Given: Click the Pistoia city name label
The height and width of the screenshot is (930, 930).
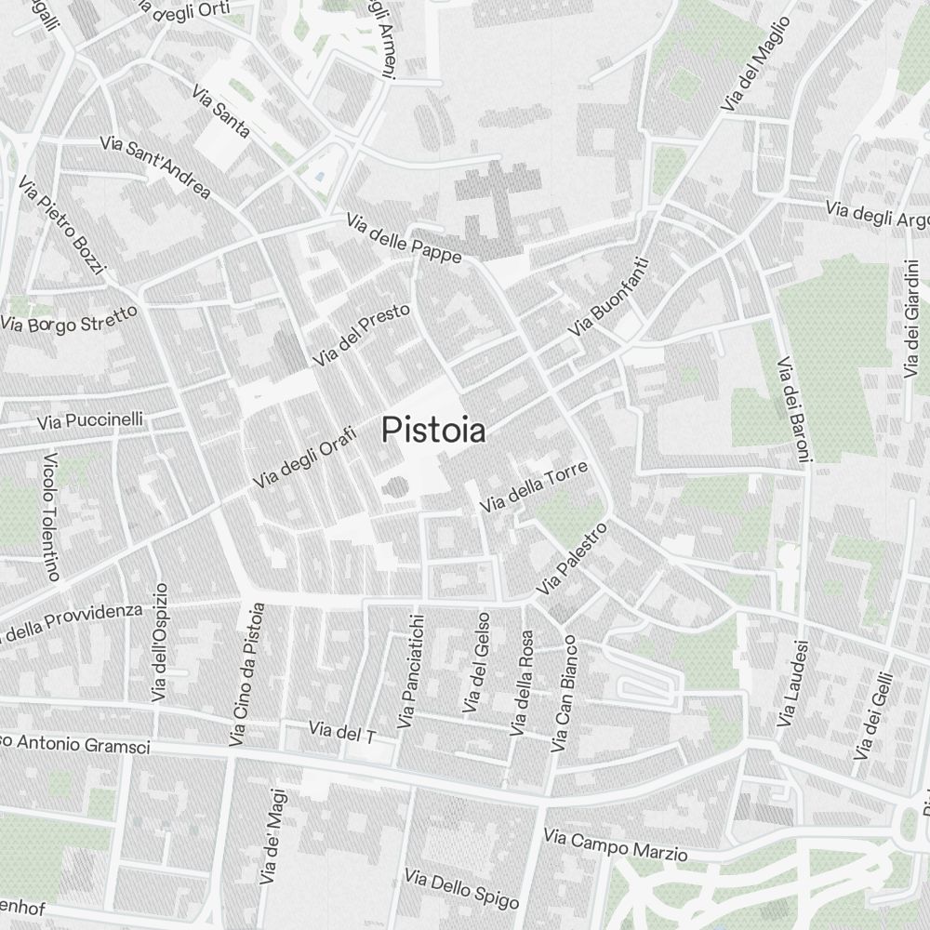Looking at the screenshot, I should (x=433, y=430).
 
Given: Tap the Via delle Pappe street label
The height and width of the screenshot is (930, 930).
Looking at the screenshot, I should (x=404, y=239).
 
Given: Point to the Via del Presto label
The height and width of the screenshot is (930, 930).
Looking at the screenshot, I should (x=362, y=334).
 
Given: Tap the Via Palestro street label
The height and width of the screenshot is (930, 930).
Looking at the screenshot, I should (x=571, y=559).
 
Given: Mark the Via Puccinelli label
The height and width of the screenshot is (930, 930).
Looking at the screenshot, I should (x=90, y=420).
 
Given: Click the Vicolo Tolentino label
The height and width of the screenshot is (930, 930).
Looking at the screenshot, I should (x=51, y=517).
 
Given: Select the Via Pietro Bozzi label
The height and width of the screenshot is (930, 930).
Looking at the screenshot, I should (x=63, y=227).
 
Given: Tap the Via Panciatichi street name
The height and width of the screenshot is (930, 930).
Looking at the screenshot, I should (x=410, y=671).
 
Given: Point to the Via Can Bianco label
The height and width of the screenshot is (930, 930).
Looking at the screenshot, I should (x=565, y=694).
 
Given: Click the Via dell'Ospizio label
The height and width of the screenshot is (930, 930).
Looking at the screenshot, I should (x=161, y=643).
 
